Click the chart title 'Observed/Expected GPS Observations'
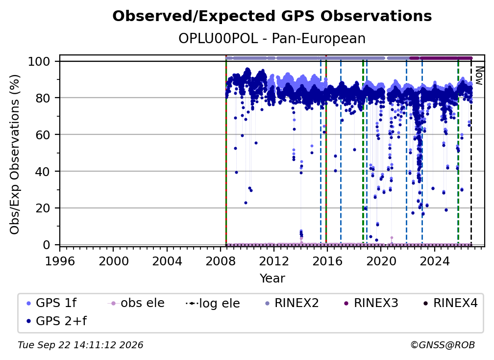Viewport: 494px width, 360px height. [272, 16]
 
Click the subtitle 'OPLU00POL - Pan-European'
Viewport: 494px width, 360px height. [272, 38]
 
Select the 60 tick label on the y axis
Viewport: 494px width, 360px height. [43, 134]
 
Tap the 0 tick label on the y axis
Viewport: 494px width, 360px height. [47, 245]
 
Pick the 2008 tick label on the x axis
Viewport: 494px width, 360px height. [220, 261]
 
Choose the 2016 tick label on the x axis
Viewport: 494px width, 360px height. [327, 261]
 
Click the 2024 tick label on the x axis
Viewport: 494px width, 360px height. [434, 261]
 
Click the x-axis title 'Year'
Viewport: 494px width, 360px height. [272, 279]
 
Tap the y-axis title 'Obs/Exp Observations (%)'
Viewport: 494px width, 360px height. [15, 154]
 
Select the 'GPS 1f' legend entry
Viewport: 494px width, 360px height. [51, 303]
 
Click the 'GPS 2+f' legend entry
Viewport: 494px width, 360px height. [56, 321]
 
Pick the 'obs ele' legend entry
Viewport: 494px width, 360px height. [136, 303]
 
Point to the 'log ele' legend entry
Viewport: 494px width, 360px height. [213, 304]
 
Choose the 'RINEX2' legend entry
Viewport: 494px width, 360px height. [292, 303]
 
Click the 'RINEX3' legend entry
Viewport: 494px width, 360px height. [371, 303]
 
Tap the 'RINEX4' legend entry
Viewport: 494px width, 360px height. [450, 303]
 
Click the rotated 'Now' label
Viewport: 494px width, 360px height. [479, 76]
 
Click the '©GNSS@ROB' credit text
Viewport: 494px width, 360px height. [443, 345]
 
